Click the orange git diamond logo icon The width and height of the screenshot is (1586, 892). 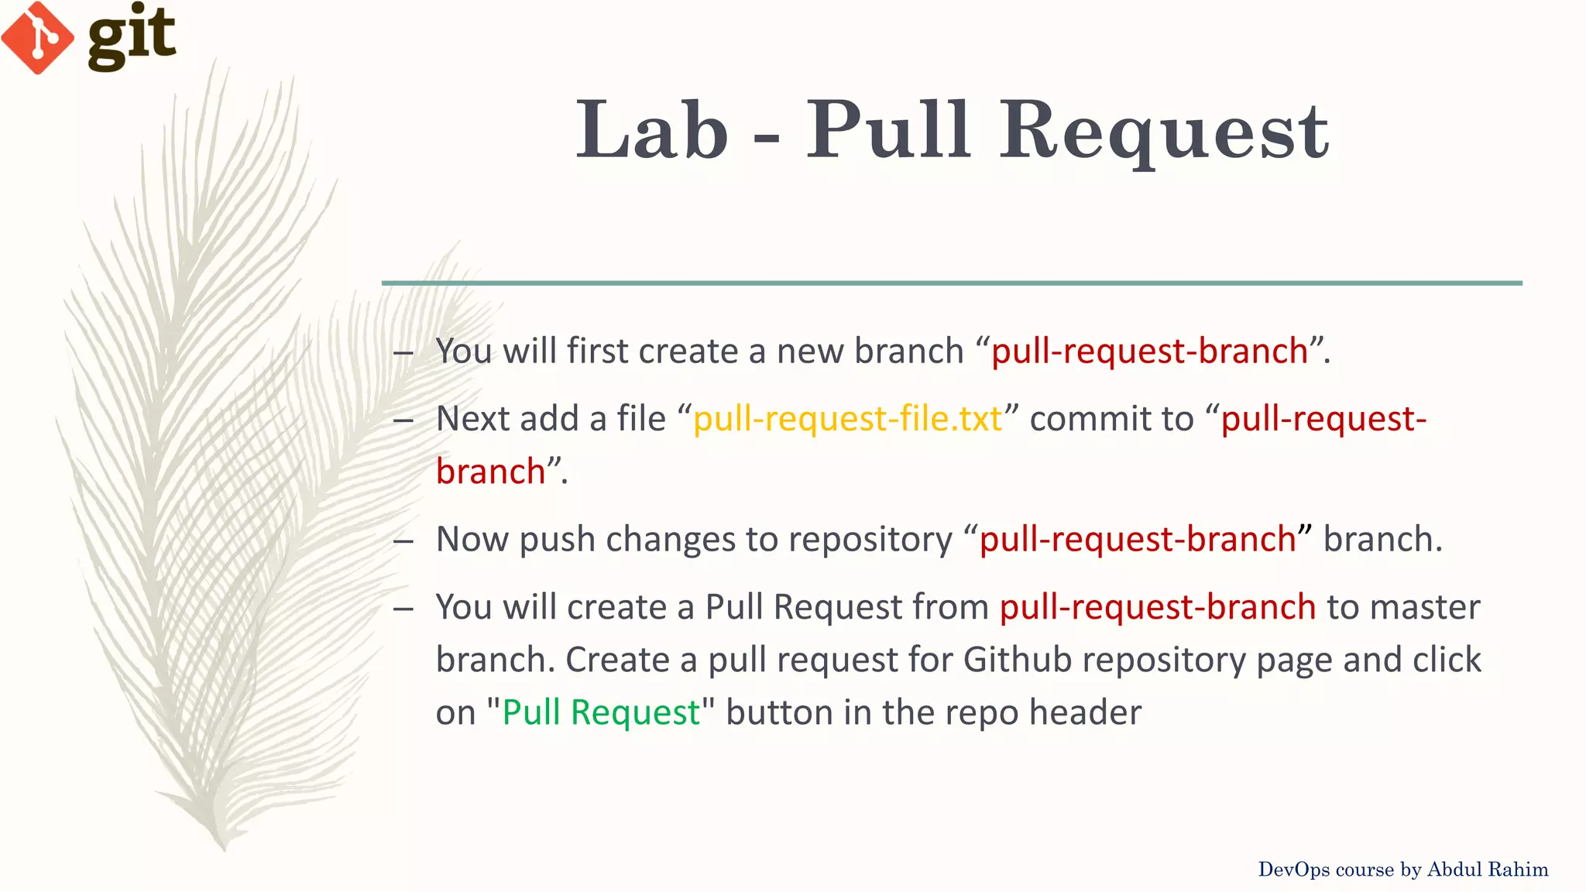[x=37, y=37]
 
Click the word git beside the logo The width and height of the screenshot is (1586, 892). [x=132, y=36]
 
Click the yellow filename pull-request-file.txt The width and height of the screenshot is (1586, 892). [x=847, y=419]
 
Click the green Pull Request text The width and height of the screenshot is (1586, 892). [x=601, y=712]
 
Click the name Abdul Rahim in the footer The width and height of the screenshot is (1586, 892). [x=1487, y=870]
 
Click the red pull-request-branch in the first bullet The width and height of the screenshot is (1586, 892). [x=1149, y=352]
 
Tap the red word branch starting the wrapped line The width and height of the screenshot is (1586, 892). [x=490, y=472]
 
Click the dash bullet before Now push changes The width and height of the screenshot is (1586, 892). [x=403, y=540]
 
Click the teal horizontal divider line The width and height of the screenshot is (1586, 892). [x=951, y=283]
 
